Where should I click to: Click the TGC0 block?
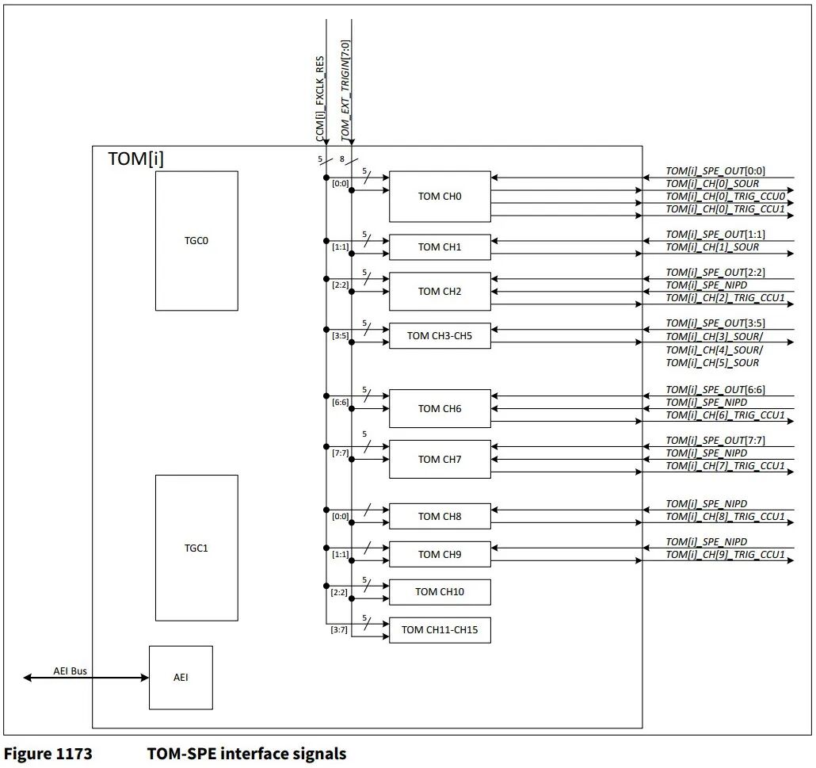pyautogui.click(x=196, y=240)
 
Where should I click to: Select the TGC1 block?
pyautogui.click(x=196, y=548)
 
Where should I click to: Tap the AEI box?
pyautogui.click(x=181, y=678)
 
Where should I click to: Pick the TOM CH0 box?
pyautogui.click(x=440, y=197)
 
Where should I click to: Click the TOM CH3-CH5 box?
pyautogui.click(x=440, y=335)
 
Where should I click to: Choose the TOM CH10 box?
pyautogui.click(x=440, y=592)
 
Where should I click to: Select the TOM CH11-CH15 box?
pyautogui.click(x=440, y=630)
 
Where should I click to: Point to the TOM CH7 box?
pyautogui.click(x=440, y=459)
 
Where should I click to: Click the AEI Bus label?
pyautogui.click(x=71, y=671)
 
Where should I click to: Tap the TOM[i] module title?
pyautogui.click(x=136, y=159)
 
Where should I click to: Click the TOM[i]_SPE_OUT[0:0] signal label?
pyautogui.click(x=715, y=171)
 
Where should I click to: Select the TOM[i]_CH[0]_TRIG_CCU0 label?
pyautogui.click(x=725, y=197)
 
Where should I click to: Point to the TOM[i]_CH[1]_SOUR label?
pyautogui.click(x=712, y=247)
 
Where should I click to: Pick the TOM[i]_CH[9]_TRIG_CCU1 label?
pyautogui.click(x=725, y=555)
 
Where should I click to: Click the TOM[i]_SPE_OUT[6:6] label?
pyautogui.click(x=715, y=390)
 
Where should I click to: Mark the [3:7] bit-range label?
pyautogui.click(x=339, y=630)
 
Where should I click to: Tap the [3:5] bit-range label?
pyautogui.click(x=339, y=335)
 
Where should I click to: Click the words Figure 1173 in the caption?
pyautogui.click(x=48, y=753)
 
